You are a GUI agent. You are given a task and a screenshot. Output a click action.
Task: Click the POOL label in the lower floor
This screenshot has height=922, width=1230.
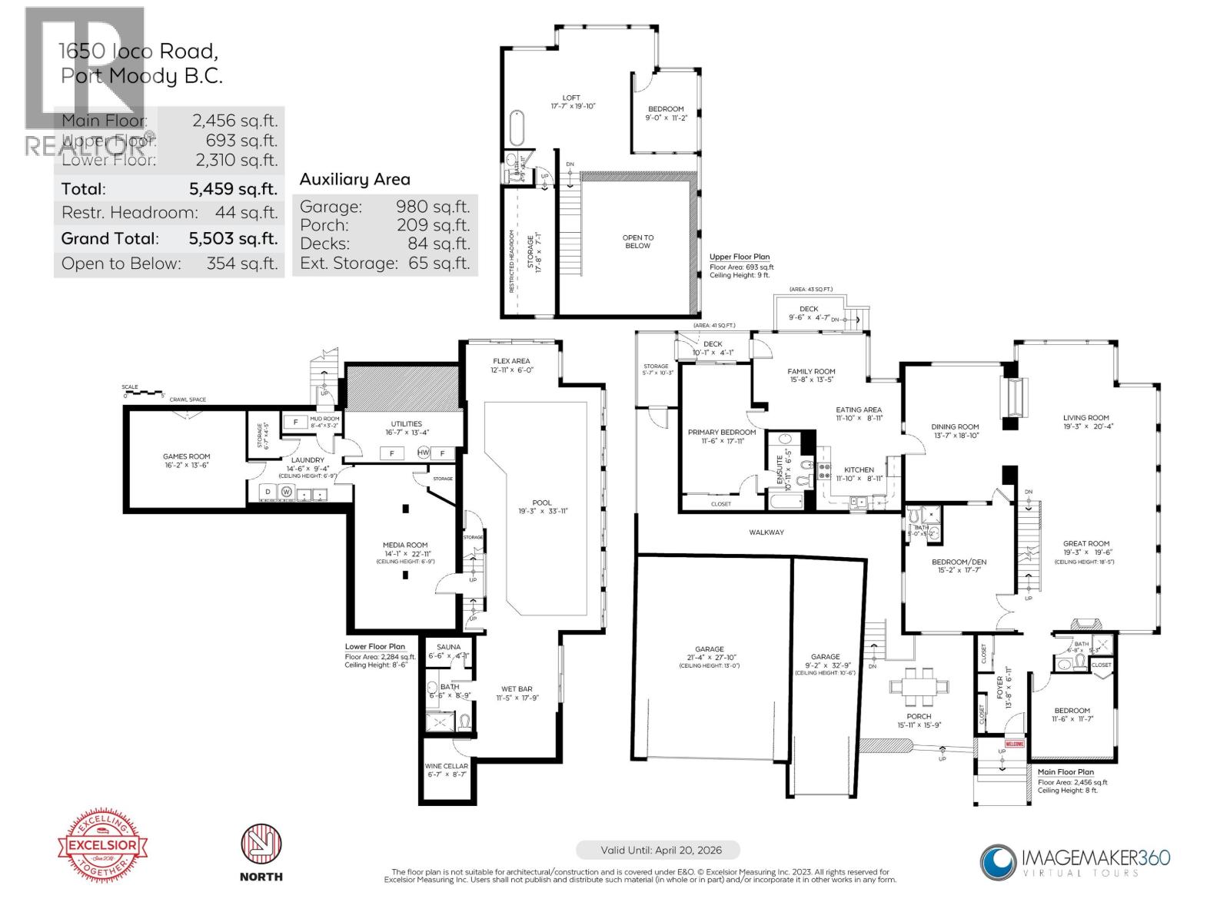[542, 502]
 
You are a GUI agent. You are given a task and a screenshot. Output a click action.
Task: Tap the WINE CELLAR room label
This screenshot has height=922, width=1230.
[446, 766]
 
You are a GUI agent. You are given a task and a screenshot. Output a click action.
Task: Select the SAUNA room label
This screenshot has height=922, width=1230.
[449, 647]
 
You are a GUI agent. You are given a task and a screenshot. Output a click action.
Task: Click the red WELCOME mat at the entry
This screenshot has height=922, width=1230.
[1015, 744]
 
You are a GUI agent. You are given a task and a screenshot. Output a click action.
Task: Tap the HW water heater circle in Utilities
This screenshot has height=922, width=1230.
[423, 453]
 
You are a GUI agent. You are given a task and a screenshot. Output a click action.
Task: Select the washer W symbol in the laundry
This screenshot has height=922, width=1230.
[287, 492]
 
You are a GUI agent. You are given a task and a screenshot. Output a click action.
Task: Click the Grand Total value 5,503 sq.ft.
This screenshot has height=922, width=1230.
[233, 239]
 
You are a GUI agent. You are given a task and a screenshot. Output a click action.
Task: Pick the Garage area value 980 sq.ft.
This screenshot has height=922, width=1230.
[432, 207]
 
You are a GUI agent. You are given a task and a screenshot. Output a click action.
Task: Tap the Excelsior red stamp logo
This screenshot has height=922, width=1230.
[104, 846]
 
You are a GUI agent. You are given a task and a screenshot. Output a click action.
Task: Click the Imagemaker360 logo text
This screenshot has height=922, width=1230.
[1095, 857]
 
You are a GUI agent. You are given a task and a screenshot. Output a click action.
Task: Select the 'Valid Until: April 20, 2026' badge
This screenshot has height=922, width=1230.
[657, 851]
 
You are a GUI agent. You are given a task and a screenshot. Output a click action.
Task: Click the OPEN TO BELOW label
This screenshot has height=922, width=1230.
[637, 241]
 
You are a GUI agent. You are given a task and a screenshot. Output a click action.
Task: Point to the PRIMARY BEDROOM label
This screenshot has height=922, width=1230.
[721, 433]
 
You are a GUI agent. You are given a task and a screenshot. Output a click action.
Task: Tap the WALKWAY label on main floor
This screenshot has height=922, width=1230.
[766, 532]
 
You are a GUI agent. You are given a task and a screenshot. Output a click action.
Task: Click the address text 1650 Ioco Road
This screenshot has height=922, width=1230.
[138, 51]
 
